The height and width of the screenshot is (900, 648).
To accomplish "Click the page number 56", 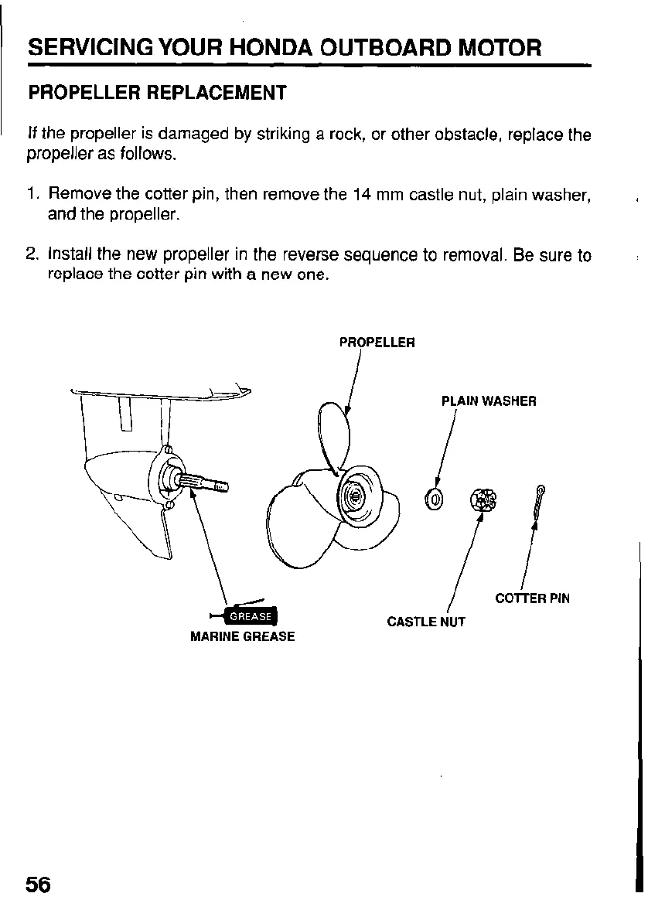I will click(38, 883).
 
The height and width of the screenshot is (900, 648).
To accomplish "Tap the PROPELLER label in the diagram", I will click(377, 342).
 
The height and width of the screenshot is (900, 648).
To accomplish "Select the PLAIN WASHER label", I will click(488, 401).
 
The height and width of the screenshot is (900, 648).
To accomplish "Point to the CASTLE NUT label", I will click(426, 621).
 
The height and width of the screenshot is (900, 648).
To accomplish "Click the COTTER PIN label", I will click(532, 598).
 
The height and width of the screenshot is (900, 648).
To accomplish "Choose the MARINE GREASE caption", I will click(243, 637).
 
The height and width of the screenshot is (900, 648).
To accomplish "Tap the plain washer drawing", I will click(434, 499).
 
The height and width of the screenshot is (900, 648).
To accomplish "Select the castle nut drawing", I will click(483, 500).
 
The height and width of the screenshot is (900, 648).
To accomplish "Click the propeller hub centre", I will click(356, 496).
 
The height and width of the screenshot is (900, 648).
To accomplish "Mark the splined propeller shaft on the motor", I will click(205, 482).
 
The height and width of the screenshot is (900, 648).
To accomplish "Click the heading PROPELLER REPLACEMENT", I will click(157, 94).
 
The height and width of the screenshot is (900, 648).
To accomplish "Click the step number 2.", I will click(32, 254).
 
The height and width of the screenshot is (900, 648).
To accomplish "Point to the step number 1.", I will click(32, 196).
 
